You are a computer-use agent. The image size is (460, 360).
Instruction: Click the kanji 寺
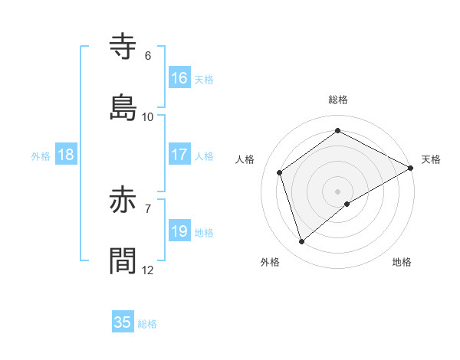pyautogui.click(x=123, y=46)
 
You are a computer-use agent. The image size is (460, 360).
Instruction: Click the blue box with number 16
pyautogui.click(x=179, y=78)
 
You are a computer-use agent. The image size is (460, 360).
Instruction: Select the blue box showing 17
pyautogui.click(x=179, y=155)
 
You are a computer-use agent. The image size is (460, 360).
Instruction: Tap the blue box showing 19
pyautogui.click(x=179, y=231)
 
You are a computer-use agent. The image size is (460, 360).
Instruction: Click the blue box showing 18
pyautogui.click(x=66, y=155)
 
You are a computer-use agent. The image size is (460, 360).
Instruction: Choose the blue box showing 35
pyautogui.click(x=123, y=322)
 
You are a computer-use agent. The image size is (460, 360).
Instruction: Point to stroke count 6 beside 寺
pyautogui.click(x=148, y=56)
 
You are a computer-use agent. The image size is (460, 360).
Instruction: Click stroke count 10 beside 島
pyautogui.click(x=148, y=117)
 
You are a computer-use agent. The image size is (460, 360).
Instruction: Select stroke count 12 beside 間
pyautogui.click(x=148, y=270)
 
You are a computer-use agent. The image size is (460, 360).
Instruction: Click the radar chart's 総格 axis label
pyautogui.click(x=338, y=100)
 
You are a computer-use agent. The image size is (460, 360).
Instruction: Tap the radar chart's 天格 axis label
pyautogui.click(x=431, y=159)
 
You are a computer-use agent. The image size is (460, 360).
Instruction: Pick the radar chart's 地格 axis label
pyautogui.click(x=402, y=262)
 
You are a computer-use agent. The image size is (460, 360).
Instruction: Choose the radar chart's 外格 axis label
pyautogui.click(x=270, y=262)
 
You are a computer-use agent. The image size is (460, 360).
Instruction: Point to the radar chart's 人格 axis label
pyautogui.click(x=245, y=159)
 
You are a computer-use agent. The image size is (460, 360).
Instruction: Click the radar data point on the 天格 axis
pyautogui.click(x=411, y=167)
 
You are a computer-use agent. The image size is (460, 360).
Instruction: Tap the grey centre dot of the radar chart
pyautogui.click(x=338, y=191)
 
